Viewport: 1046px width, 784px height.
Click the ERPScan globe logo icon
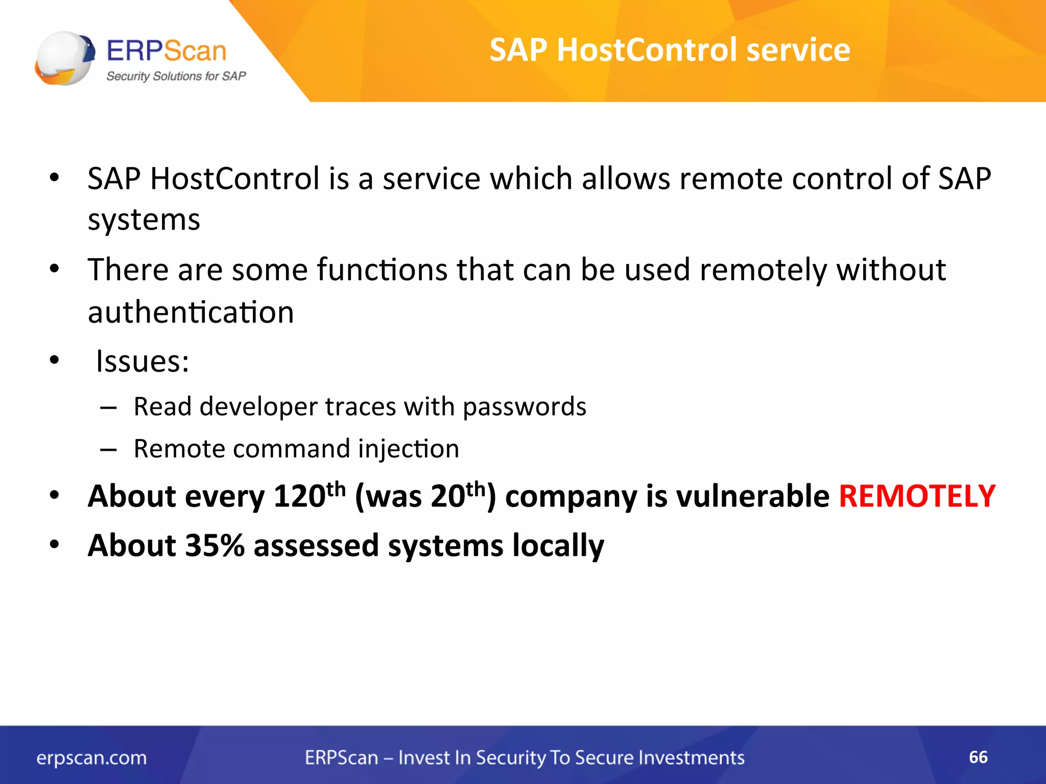pos(64,58)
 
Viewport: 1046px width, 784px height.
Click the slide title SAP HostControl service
pos(670,50)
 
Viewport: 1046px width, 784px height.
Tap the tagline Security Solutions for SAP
pos(176,77)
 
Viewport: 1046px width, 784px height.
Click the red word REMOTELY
pos(917,496)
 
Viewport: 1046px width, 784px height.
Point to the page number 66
pos(978,757)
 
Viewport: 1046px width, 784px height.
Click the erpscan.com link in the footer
pos(91,758)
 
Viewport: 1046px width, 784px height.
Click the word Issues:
pos(142,361)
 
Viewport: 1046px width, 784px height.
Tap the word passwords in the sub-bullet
pos(525,407)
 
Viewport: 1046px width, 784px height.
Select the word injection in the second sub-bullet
pos(408,449)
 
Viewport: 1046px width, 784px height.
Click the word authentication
pos(191,312)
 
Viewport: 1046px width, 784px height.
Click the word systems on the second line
pos(144,220)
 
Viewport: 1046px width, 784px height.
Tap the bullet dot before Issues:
pos(55,360)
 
